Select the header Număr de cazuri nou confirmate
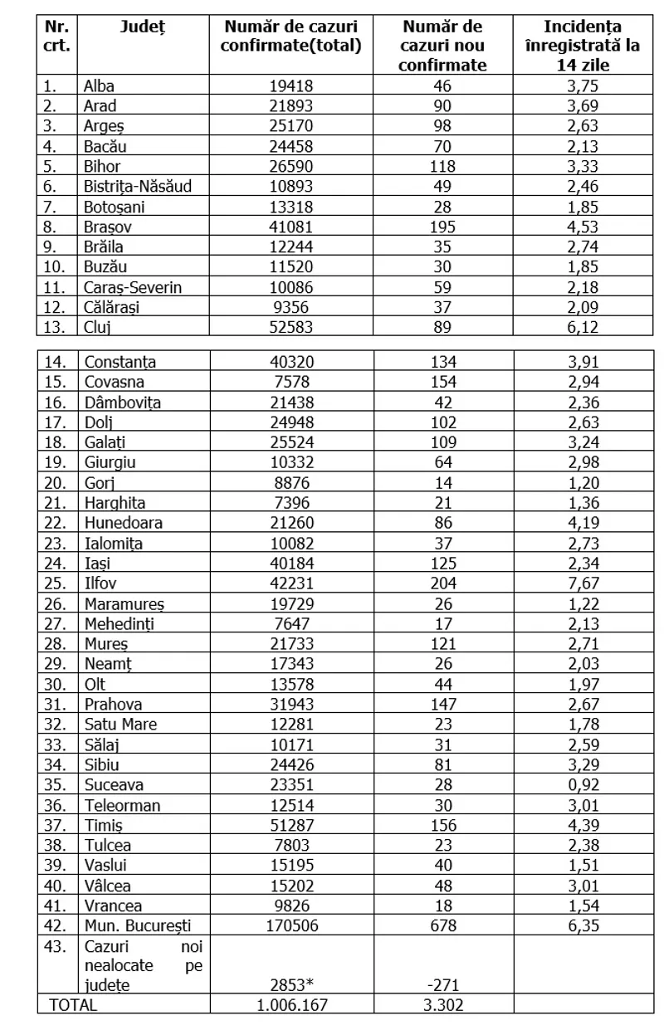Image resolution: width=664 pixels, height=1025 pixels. coord(443,46)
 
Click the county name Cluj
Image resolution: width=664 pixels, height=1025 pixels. coord(97,326)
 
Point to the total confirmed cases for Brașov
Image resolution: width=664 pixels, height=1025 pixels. coord(291,206)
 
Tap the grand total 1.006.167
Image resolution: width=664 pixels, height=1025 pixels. coord(291,1004)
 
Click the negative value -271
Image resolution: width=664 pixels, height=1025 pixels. coord(443,985)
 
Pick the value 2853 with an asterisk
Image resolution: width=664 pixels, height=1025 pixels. coord(294,985)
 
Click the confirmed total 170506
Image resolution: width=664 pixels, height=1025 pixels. coord(291,925)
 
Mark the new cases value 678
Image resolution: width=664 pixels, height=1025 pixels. coord(443,925)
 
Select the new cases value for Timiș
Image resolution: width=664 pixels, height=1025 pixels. coord(443,824)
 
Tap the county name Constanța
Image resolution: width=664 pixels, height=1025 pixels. coord(120,362)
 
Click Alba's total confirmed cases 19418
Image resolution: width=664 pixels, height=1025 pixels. coord(291,85)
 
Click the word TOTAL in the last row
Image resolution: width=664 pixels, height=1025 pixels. coord(74,1004)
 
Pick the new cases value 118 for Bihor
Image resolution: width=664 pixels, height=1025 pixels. coord(443,166)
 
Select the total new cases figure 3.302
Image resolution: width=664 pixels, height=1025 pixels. coord(443,1004)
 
